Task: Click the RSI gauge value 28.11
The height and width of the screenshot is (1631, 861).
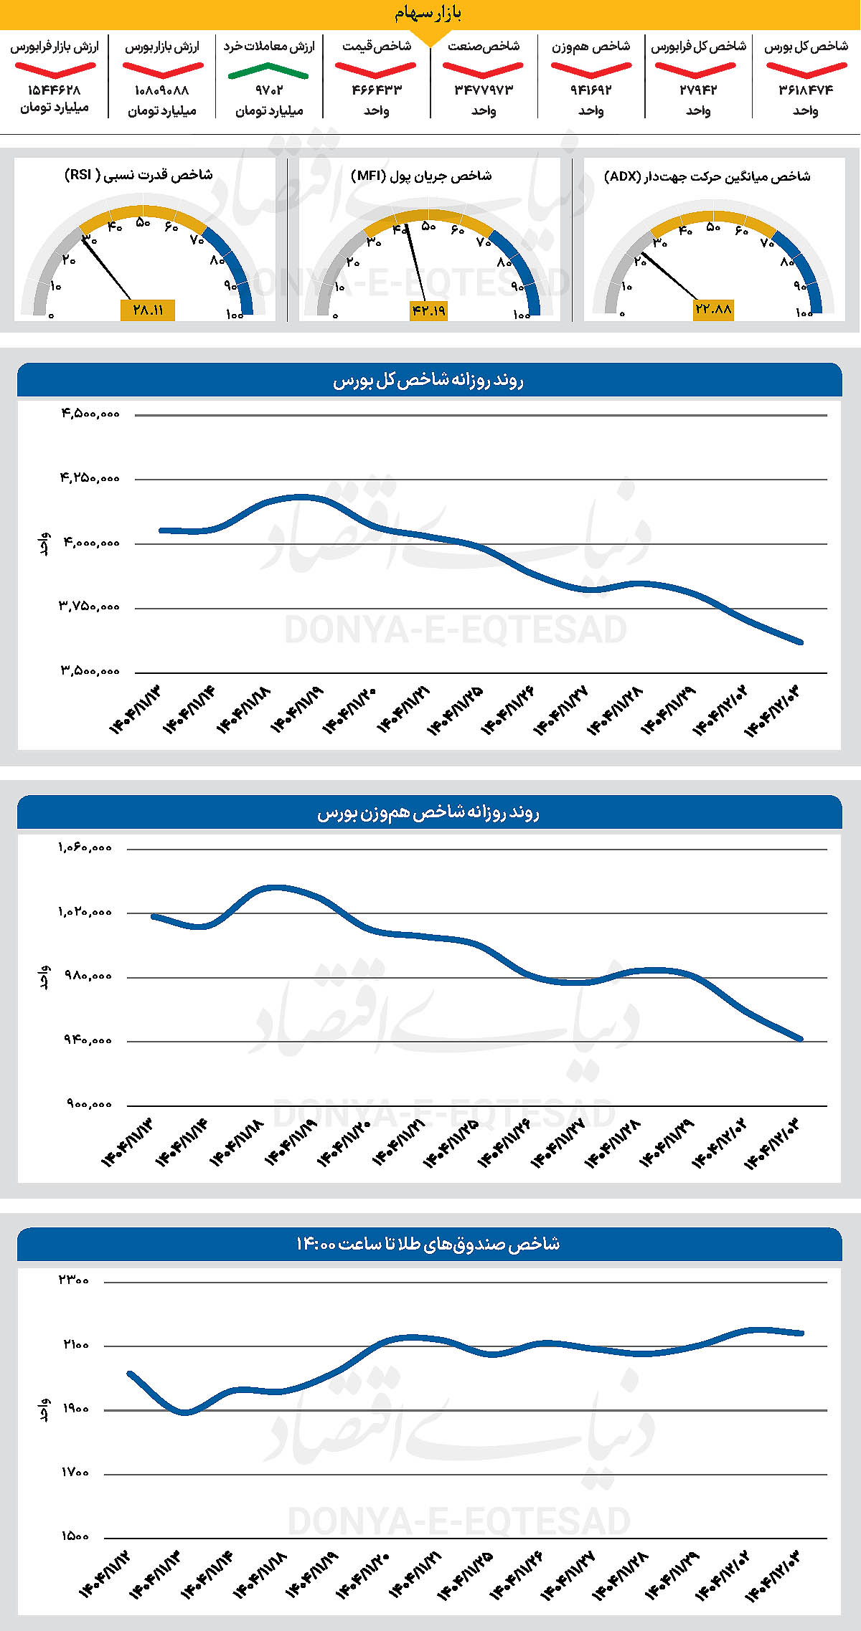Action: coord(148,310)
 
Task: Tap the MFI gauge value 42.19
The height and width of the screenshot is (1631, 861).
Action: coord(428,310)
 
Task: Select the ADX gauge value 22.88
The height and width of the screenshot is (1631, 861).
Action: coord(713,309)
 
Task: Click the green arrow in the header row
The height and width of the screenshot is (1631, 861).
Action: coord(268,70)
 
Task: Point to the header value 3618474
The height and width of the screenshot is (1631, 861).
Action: coord(806,90)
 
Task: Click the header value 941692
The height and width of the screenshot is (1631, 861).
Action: coord(591,90)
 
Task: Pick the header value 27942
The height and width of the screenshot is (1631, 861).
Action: coord(698,90)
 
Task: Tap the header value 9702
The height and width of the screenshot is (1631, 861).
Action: coord(269,90)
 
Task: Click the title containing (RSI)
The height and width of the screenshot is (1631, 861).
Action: coord(138,175)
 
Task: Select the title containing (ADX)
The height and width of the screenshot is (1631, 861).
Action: coord(707,176)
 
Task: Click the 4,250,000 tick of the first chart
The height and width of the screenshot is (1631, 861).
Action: coord(90,478)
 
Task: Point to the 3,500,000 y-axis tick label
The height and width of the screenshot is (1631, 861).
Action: coord(90,672)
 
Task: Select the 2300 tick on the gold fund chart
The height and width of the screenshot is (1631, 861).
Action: coord(74,1280)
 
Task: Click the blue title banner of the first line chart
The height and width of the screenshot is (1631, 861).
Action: coord(429,381)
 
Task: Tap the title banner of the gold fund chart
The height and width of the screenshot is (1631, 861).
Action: coord(429,1244)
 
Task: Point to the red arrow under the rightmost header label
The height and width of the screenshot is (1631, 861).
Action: coord(806,70)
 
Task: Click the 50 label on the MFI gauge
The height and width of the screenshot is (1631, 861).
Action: coord(428,227)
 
